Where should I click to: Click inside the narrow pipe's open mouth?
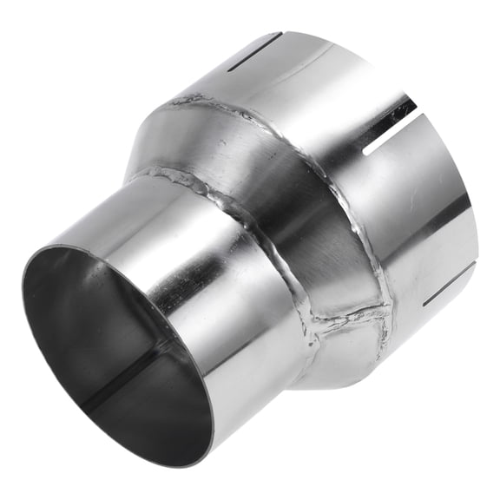[x=104, y=347]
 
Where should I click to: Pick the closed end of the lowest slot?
[x=424, y=304]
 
